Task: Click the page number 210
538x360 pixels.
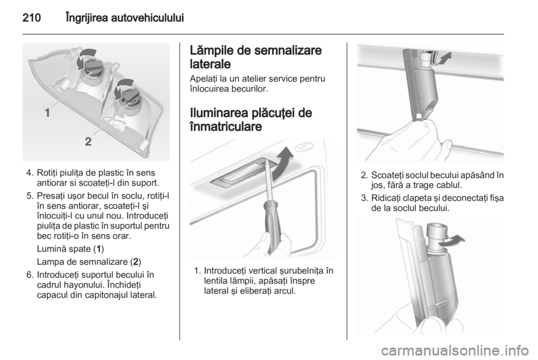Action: (x=31, y=18)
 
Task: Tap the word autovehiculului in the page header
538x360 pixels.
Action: (x=147, y=18)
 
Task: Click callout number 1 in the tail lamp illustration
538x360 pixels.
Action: (x=47, y=112)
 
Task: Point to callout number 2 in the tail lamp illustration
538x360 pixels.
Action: (x=88, y=141)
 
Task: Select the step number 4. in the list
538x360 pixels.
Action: (x=30, y=173)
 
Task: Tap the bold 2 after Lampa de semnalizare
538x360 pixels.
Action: (x=136, y=262)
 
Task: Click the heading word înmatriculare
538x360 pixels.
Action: (x=225, y=127)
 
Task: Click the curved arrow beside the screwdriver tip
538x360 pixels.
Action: (x=282, y=163)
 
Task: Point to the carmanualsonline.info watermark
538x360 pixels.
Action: (x=455, y=350)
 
